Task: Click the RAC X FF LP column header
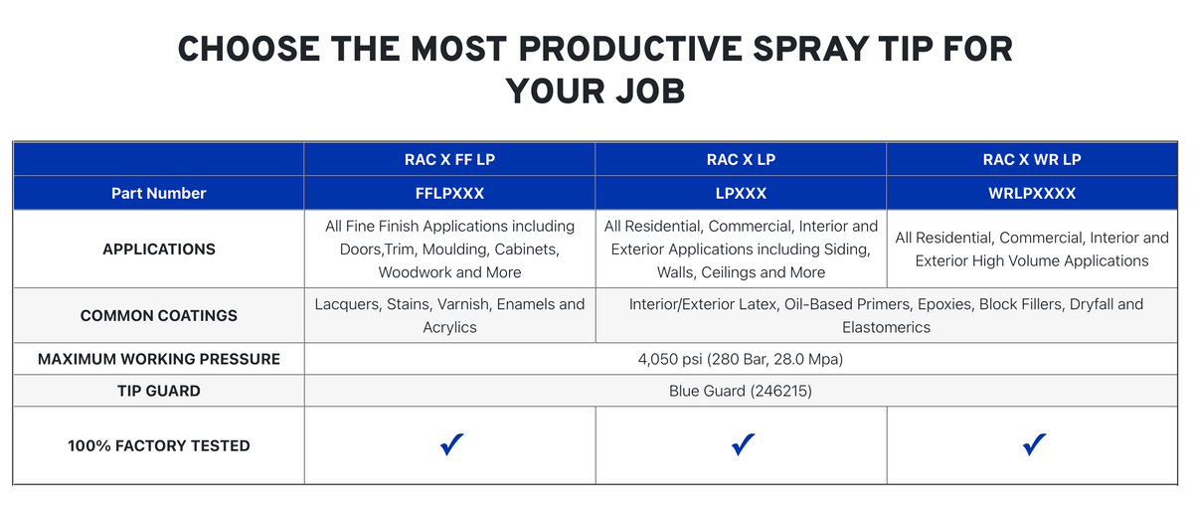[x=449, y=159]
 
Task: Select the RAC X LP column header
[x=741, y=159]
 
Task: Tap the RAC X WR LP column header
[x=1032, y=159]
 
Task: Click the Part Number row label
[x=159, y=193]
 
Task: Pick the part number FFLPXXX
[x=449, y=193]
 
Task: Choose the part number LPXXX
[x=741, y=193]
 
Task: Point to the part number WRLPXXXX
[x=1032, y=193]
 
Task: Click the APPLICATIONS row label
[x=159, y=250]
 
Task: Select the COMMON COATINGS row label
[x=159, y=316]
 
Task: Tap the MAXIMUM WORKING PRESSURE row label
[x=159, y=359]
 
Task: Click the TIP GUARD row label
[x=159, y=391]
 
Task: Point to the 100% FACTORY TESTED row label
[x=159, y=445]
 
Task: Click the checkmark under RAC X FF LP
[x=451, y=444]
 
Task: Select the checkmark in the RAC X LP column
[x=743, y=444]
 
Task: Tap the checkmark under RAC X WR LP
[x=1034, y=444]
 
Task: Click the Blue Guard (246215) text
[x=741, y=391]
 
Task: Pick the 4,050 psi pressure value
[x=670, y=360]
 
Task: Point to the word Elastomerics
[x=886, y=327]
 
